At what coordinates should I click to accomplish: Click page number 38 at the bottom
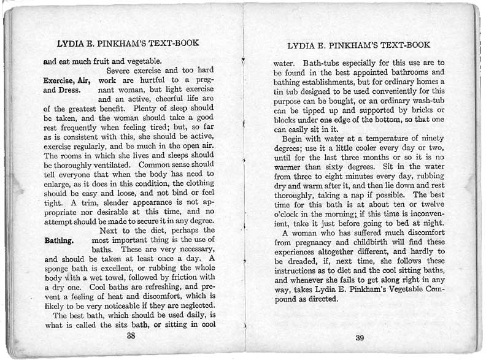pos(131,335)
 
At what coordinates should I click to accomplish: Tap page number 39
pos(360,337)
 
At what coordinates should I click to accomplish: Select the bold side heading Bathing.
pos(59,240)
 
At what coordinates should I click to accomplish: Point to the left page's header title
pos(128,44)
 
